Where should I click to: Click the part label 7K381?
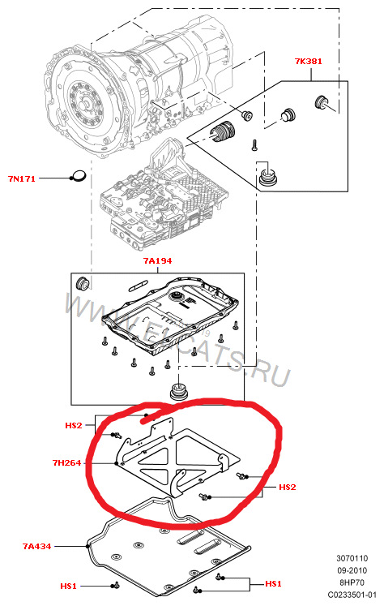click(x=308, y=61)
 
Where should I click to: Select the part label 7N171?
click(x=22, y=178)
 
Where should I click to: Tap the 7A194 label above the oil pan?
click(x=157, y=261)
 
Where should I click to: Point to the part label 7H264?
click(x=66, y=462)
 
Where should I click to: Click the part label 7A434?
click(x=36, y=546)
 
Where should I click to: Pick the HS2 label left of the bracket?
click(x=74, y=426)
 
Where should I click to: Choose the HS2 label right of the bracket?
click(x=287, y=488)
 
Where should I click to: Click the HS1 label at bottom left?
click(x=68, y=587)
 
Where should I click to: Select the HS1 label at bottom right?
click(x=273, y=583)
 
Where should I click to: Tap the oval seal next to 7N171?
click(x=79, y=175)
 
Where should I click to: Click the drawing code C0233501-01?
click(x=352, y=595)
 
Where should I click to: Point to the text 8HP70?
click(x=352, y=582)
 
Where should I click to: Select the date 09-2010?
click(x=352, y=570)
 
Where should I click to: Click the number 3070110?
click(x=352, y=558)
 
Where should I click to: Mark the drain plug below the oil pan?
click(x=179, y=392)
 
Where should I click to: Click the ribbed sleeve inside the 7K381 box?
click(x=223, y=131)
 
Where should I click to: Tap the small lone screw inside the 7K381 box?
click(x=254, y=145)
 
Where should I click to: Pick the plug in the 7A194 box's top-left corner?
click(x=83, y=283)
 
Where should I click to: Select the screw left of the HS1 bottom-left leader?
click(x=115, y=586)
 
